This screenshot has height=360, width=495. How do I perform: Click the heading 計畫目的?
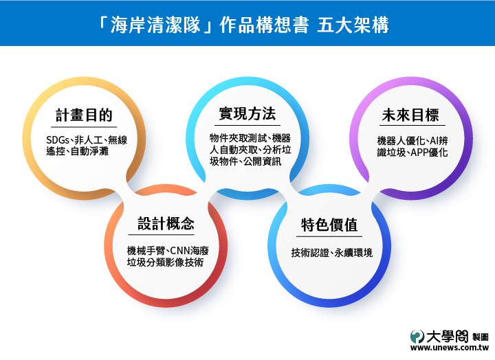84,115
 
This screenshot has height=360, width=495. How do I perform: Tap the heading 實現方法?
247,113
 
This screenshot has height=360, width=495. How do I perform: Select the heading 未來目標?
410,115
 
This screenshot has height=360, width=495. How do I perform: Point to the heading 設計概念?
166,223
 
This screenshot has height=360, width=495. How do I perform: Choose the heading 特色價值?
329,225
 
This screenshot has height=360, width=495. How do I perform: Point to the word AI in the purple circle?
434,141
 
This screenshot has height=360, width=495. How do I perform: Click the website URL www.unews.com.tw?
450,348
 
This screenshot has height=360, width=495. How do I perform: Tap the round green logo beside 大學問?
417,337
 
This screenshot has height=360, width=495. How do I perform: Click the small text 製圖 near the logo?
481,337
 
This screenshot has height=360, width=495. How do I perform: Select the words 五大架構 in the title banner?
353,25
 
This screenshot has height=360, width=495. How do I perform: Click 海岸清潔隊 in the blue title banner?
155,25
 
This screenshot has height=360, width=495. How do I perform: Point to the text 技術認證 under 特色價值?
310,253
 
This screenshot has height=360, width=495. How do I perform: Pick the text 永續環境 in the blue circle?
353,253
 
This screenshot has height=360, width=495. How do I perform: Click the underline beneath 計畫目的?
84,127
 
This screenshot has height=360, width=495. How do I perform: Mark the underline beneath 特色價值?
329,236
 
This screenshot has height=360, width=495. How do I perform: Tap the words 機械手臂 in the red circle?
146,251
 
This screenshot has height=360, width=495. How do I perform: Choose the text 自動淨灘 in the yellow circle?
89,151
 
